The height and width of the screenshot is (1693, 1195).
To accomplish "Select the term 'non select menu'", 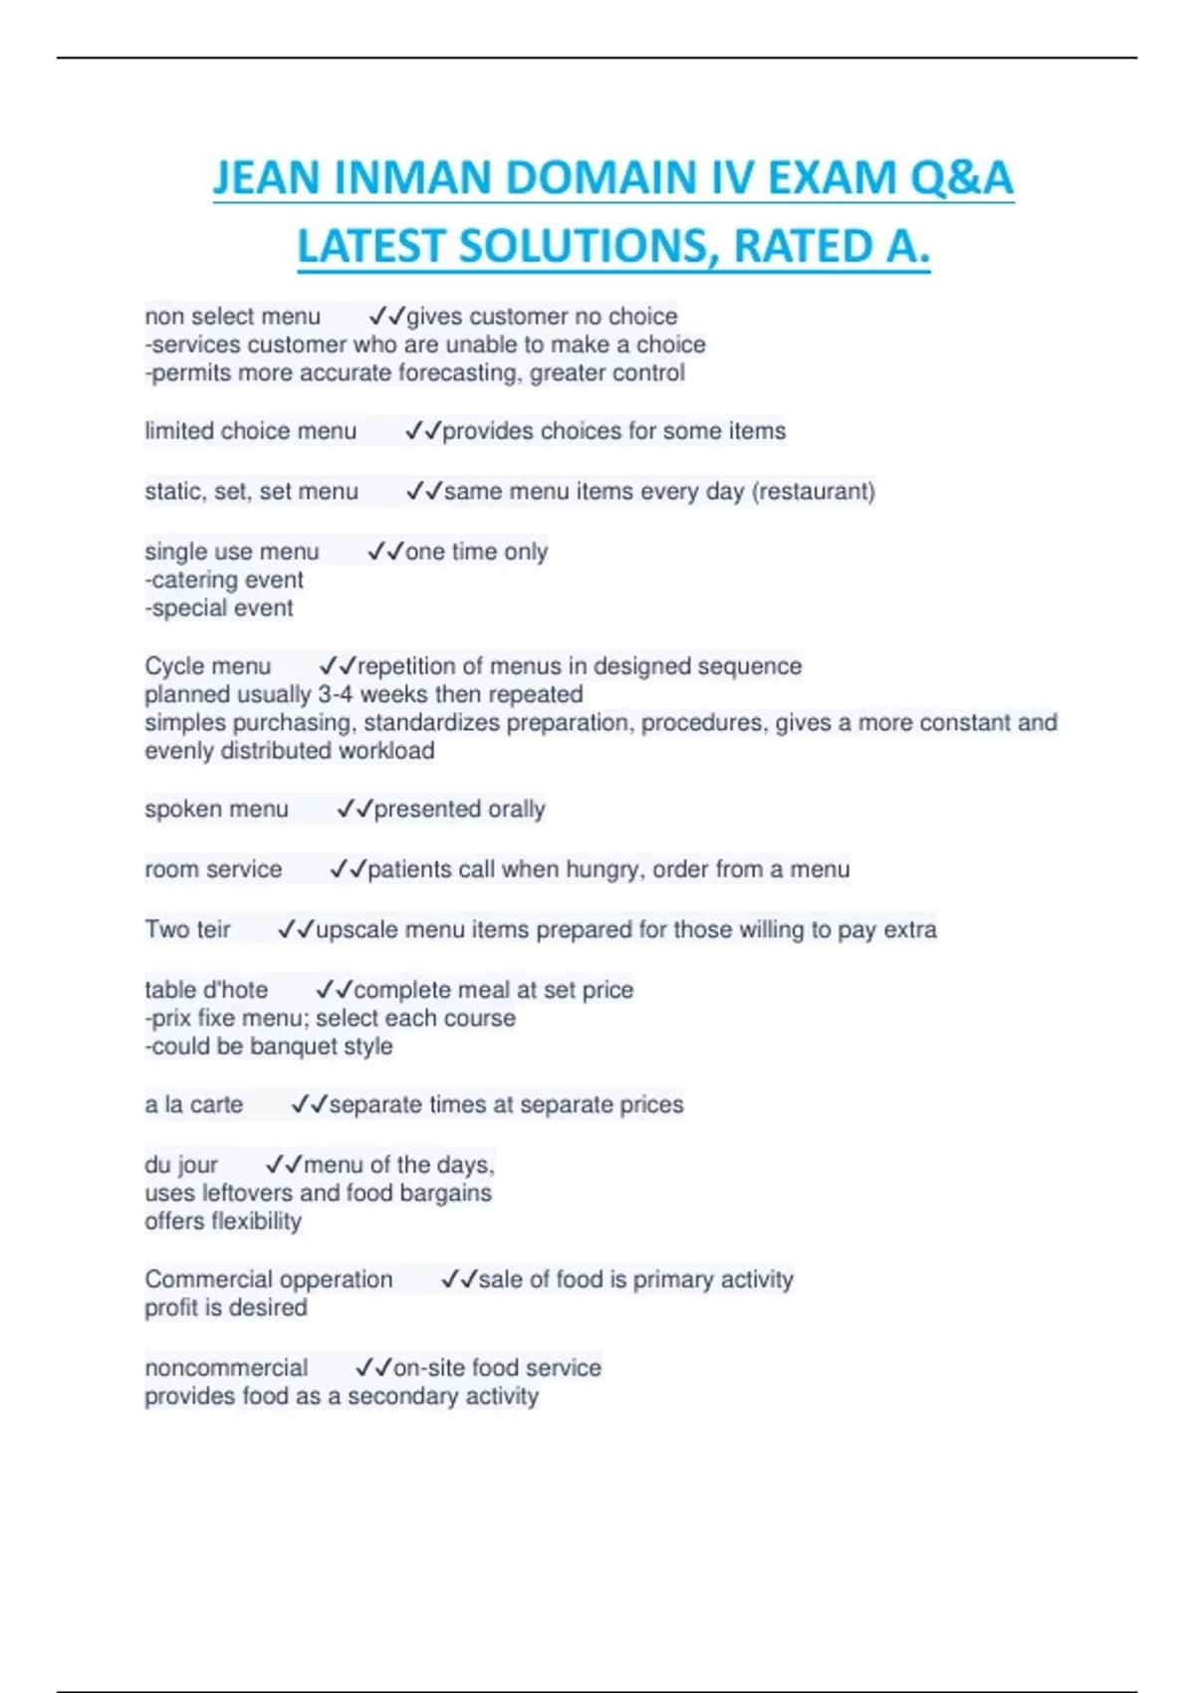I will (232, 317).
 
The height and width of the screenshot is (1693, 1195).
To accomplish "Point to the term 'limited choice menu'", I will (250, 431).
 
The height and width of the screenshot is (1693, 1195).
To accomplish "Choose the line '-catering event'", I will (224, 581).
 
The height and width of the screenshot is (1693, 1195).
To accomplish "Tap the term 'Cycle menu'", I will (207, 666).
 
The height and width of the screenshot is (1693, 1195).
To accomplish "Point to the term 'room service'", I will (213, 869).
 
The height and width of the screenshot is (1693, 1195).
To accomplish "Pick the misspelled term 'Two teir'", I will (187, 930).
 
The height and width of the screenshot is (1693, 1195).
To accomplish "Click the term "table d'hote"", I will (206, 990).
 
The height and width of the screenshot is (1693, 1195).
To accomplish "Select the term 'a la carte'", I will (193, 1105).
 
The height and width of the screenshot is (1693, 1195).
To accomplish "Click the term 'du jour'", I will (180, 1165).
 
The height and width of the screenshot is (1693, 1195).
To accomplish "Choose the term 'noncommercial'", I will (226, 1368).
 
